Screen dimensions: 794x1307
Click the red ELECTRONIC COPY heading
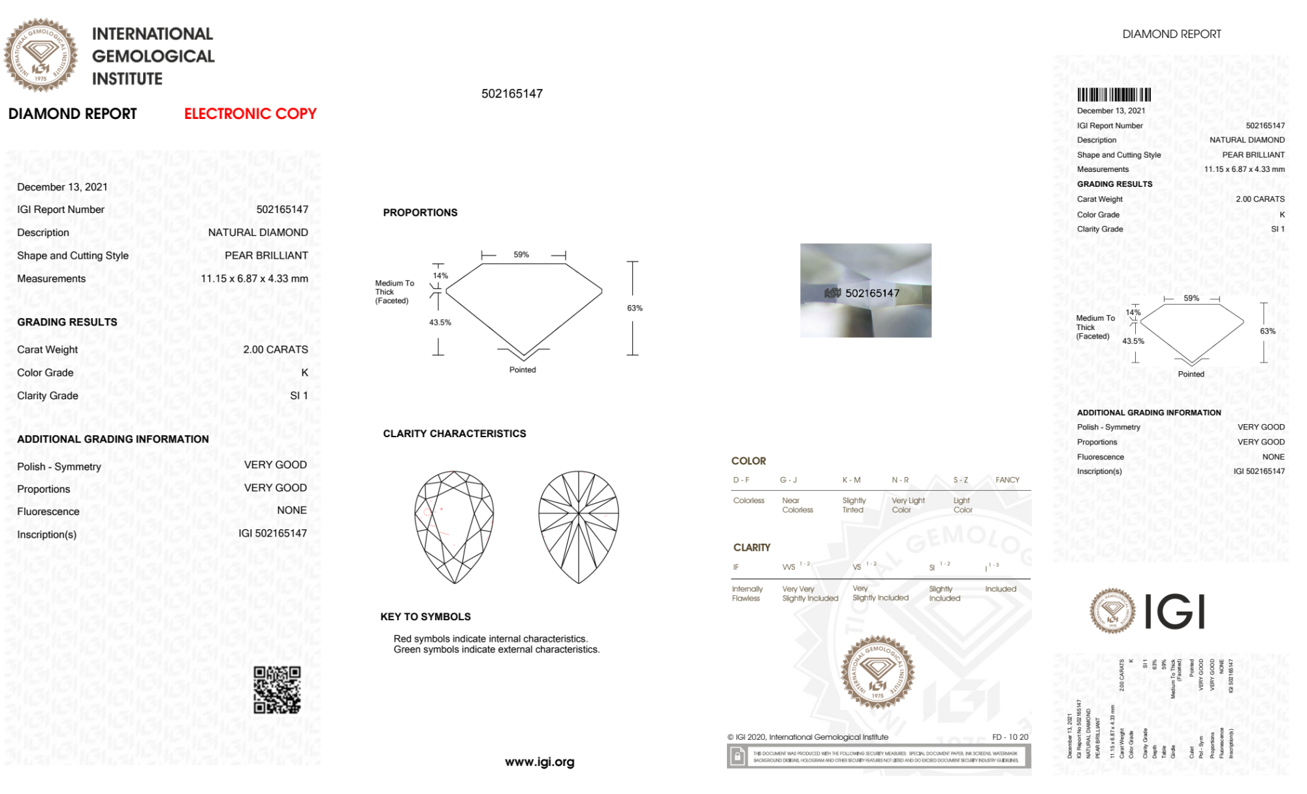[250, 114]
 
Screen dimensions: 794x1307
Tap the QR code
[277, 689]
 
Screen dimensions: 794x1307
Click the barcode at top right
[1114, 95]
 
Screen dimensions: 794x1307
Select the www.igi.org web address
[540, 762]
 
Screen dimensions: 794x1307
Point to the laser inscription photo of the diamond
[865, 290]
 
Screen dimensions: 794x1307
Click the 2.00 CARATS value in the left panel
[276, 350]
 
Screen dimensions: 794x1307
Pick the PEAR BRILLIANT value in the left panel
[266, 256]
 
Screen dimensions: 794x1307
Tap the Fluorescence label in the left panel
[48, 512]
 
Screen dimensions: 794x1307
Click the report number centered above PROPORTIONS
[512, 93]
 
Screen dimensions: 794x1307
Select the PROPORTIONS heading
[420, 212]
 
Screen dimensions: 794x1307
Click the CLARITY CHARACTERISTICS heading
[455, 433]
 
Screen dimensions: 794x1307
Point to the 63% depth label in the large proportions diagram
[635, 308]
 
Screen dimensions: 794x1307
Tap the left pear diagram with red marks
[454, 527]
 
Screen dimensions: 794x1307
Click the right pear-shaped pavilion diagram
[579, 527]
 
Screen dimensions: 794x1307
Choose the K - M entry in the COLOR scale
[852, 480]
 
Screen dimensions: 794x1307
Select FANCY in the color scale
[1007, 480]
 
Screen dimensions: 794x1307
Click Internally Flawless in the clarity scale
[746, 593]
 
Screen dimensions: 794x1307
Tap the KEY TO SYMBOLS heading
[425, 616]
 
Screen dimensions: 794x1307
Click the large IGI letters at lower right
[1175, 612]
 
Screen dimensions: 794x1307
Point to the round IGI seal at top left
[40, 56]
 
